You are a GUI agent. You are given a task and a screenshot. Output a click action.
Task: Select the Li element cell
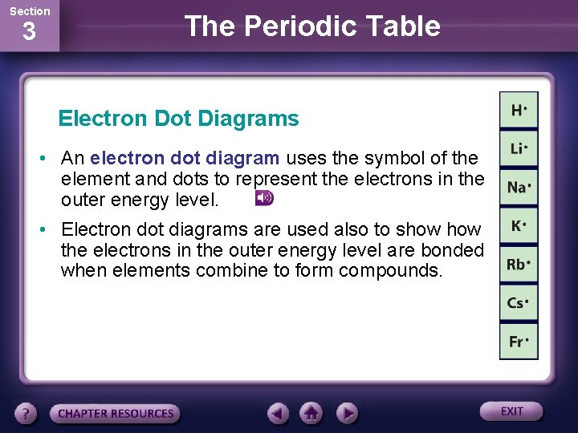pos(519,149)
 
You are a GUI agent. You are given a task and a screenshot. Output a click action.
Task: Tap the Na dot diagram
pos(519,188)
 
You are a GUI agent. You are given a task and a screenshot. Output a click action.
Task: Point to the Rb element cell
pos(519,265)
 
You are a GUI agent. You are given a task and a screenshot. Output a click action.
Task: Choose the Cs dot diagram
pos(519,303)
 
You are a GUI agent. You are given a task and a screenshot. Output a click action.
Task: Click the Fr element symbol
pos(519,342)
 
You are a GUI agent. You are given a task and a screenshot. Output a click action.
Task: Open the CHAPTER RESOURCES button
pos(116,414)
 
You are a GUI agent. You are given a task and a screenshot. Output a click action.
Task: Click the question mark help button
pos(26,414)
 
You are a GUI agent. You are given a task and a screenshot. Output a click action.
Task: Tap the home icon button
pos(311,414)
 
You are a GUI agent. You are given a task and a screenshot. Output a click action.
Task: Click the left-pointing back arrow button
pos(278,414)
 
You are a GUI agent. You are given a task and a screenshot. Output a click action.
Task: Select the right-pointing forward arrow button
pos(346,414)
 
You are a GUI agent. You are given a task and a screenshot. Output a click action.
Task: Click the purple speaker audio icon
pos(264,198)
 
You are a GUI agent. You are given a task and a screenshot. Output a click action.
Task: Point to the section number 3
pos(29,33)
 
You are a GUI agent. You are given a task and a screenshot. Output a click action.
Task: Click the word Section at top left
pos(29,10)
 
